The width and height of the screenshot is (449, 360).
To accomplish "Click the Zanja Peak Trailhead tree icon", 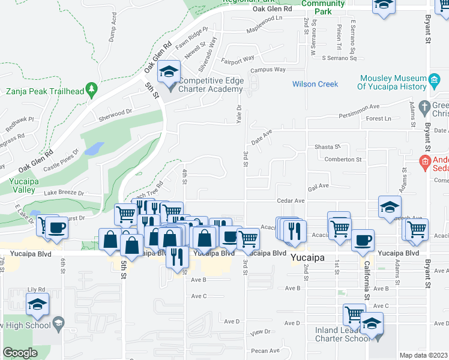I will coord(91,90).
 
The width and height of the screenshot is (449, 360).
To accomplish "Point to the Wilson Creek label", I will coord(315,84).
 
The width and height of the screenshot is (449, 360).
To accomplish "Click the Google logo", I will coord(20,353).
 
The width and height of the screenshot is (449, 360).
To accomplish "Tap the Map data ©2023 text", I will coord(424,355).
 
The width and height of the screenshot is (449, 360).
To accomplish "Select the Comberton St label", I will coord(343,160).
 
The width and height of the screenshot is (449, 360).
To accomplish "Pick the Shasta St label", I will coord(328,146).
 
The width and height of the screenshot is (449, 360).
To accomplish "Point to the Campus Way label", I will coord(268,70).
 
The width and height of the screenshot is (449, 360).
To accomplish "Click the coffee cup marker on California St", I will coord(363,241).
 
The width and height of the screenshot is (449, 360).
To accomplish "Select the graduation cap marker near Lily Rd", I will coord(38,304).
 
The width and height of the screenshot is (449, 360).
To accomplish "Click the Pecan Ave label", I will coord(267,351).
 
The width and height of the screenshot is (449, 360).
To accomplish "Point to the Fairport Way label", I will coord(238,60).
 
